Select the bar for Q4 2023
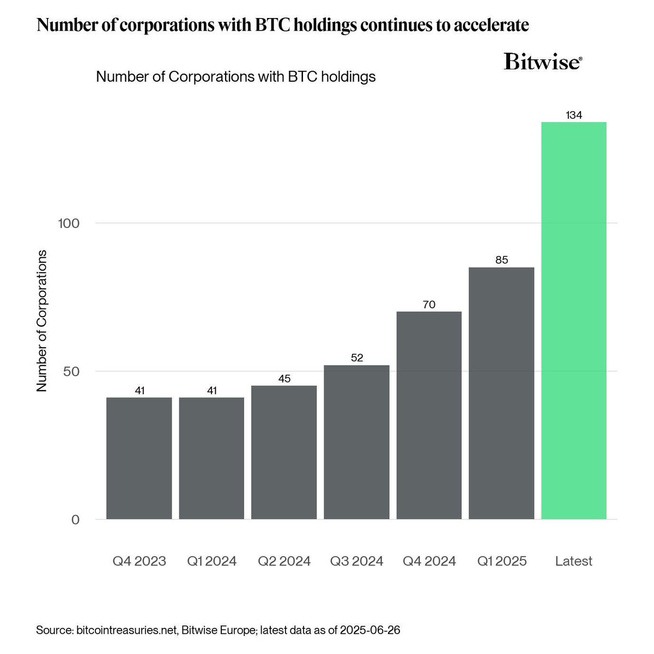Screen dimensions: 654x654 click(139, 458)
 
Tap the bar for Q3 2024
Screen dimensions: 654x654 click(356, 442)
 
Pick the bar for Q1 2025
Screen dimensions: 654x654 click(501, 393)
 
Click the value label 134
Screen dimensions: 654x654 click(574, 116)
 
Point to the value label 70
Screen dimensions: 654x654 click(429, 305)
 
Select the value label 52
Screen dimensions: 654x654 click(356, 358)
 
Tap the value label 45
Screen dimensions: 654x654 click(284, 379)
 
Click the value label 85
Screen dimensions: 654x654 click(501, 260)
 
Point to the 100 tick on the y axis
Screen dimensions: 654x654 click(69, 223)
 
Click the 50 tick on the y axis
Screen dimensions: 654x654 click(71, 372)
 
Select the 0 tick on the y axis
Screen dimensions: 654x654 click(75, 520)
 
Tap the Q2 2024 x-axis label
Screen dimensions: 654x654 click(284, 561)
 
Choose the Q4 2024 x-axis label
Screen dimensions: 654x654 click(429, 561)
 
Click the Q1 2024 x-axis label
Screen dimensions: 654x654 click(211, 561)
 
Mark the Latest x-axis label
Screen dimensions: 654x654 click(574, 561)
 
